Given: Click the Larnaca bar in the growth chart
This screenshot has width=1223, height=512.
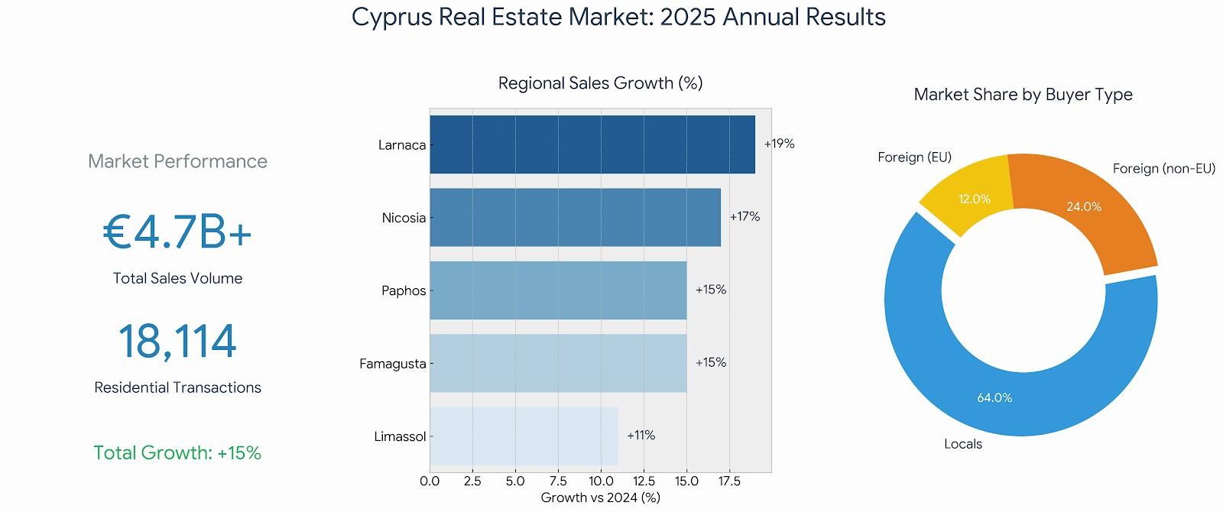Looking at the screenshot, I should click(592, 144).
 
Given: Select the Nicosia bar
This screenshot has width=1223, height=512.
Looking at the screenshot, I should click(575, 217).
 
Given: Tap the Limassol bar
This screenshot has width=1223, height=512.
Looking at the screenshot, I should click(524, 436).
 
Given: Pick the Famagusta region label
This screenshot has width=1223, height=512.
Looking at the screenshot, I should click(393, 364).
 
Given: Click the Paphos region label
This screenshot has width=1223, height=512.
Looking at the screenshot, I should click(404, 290).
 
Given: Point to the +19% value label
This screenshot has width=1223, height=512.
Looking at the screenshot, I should click(780, 144).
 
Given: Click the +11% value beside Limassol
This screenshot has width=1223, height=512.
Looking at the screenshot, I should click(641, 436).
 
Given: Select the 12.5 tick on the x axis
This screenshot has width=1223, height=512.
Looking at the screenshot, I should click(644, 481).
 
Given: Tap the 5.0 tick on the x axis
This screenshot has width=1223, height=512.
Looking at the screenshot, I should click(515, 481).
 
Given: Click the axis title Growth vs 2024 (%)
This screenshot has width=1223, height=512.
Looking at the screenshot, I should click(600, 498).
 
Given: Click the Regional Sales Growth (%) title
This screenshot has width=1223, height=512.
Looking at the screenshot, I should click(600, 83).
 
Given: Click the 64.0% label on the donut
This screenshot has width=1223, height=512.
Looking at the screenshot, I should click(994, 398).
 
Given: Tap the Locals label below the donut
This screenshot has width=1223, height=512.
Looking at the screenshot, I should click(963, 444).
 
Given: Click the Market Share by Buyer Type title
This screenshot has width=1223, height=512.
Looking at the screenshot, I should click(1023, 95).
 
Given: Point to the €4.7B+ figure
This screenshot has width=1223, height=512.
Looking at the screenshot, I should click(177, 232).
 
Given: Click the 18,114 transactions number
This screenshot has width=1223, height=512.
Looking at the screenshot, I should click(177, 342).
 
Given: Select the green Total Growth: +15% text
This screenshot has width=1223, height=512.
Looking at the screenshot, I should click(177, 453).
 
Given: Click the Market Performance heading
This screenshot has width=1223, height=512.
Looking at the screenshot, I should click(177, 161).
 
